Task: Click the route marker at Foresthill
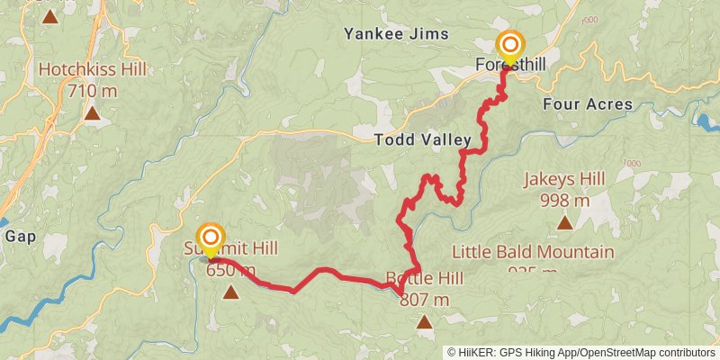tap(510, 46)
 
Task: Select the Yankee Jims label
tap(396, 34)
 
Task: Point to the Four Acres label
tap(588, 103)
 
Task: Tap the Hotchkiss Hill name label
tap(90, 69)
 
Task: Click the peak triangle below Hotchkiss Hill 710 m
tap(91, 113)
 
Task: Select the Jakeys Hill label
tap(564, 179)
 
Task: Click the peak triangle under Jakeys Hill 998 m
tap(564, 222)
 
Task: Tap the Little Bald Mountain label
tap(533, 252)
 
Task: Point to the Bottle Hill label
tap(424, 278)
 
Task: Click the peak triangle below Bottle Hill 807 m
tap(423, 320)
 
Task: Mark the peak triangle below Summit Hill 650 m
tap(231, 291)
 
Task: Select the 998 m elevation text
tap(565, 200)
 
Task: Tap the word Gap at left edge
tap(19, 237)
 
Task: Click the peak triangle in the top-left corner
tap(49, 16)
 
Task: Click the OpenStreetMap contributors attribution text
tap(644, 353)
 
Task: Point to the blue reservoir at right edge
tap(707, 121)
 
